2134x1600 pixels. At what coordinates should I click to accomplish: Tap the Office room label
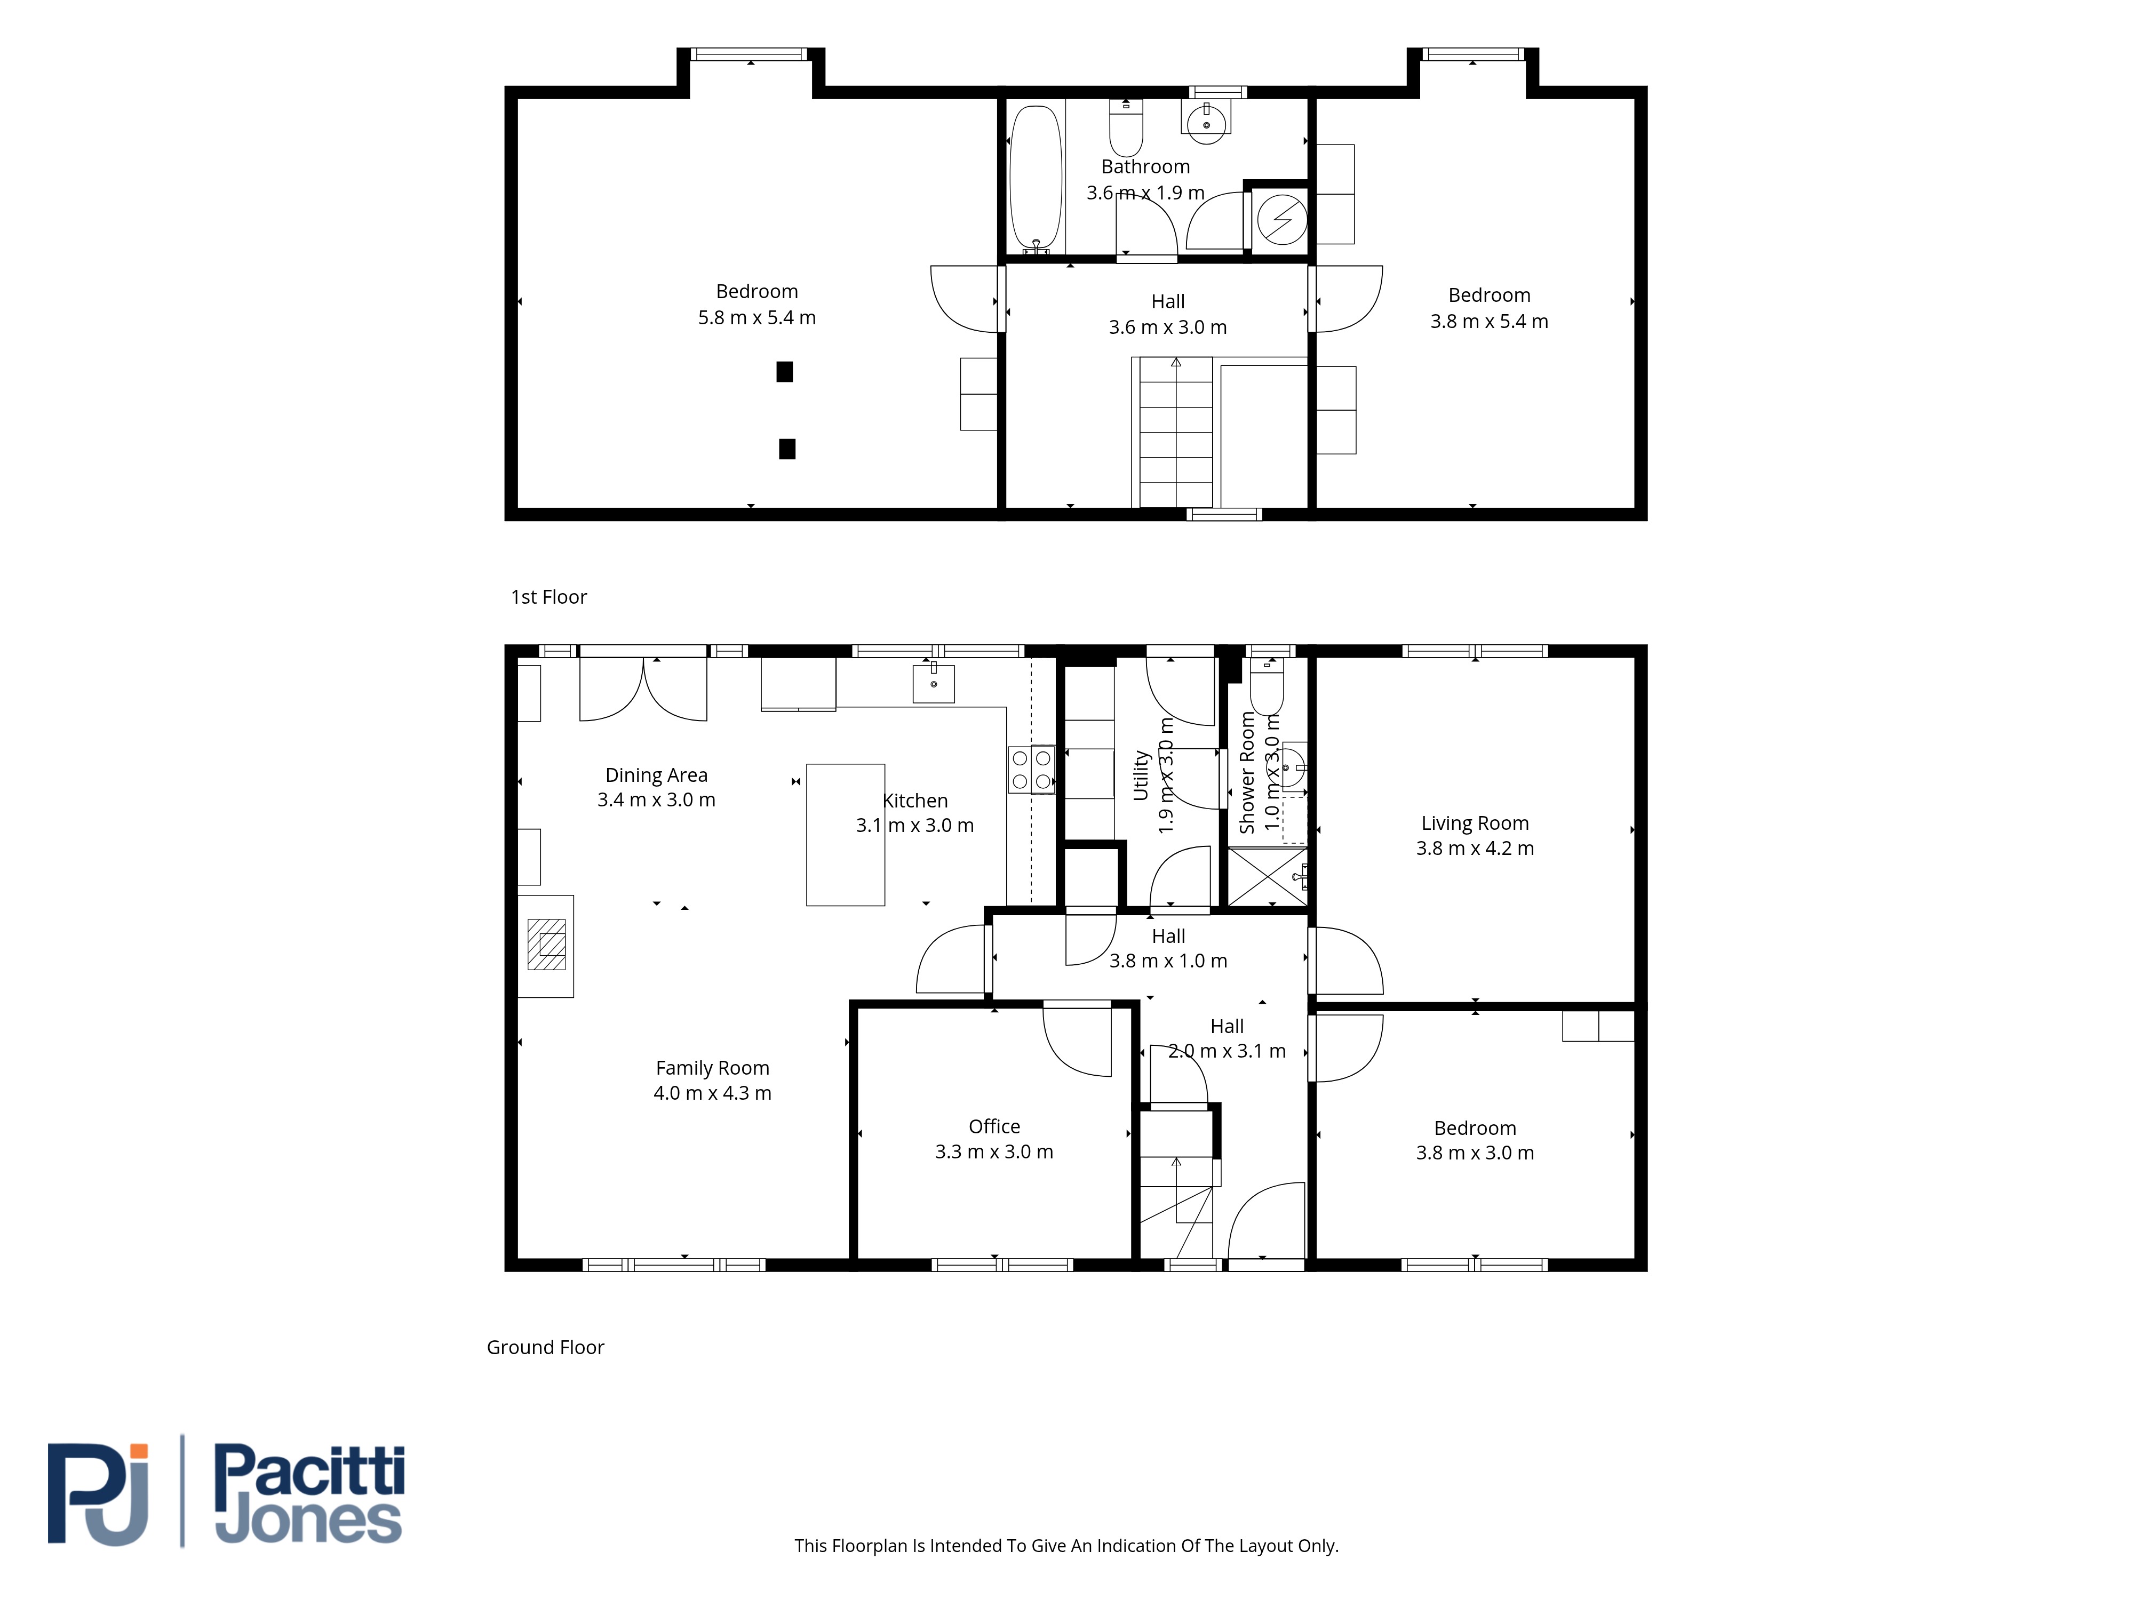[x=994, y=1126]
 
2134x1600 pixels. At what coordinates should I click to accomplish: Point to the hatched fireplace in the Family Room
[x=546, y=944]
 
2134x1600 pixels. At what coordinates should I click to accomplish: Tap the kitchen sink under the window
[x=934, y=684]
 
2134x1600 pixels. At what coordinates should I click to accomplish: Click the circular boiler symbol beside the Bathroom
[x=1282, y=220]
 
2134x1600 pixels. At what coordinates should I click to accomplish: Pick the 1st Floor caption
[x=549, y=597]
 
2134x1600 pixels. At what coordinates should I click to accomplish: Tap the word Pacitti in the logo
[x=309, y=1473]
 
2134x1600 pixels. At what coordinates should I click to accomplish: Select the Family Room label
[x=712, y=1068]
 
